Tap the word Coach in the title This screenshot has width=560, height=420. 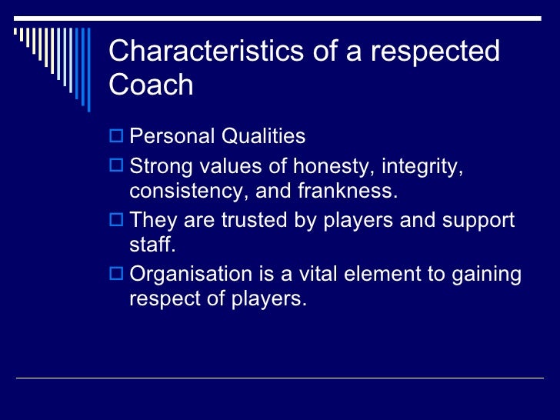[x=151, y=85]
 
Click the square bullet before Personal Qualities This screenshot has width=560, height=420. [x=117, y=137]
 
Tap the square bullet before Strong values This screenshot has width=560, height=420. [x=117, y=167]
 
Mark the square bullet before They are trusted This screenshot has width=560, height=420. [x=117, y=221]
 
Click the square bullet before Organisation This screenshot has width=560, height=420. [x=117, y=275]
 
